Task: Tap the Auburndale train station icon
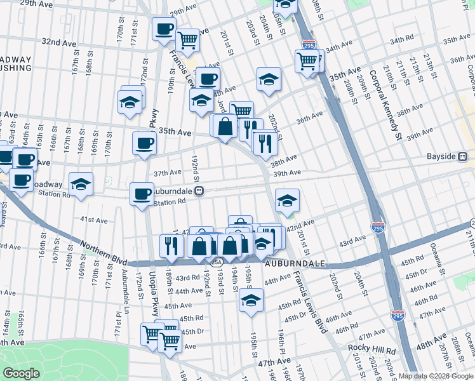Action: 199,190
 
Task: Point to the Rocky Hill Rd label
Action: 371,350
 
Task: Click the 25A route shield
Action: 217,261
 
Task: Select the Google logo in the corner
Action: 21,373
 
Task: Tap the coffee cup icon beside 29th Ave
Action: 164,29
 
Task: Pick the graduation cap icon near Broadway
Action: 81,184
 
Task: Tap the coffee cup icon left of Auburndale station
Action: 142,193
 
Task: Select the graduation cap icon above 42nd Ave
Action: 287,201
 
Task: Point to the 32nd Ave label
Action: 58,42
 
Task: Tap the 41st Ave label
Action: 93,220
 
